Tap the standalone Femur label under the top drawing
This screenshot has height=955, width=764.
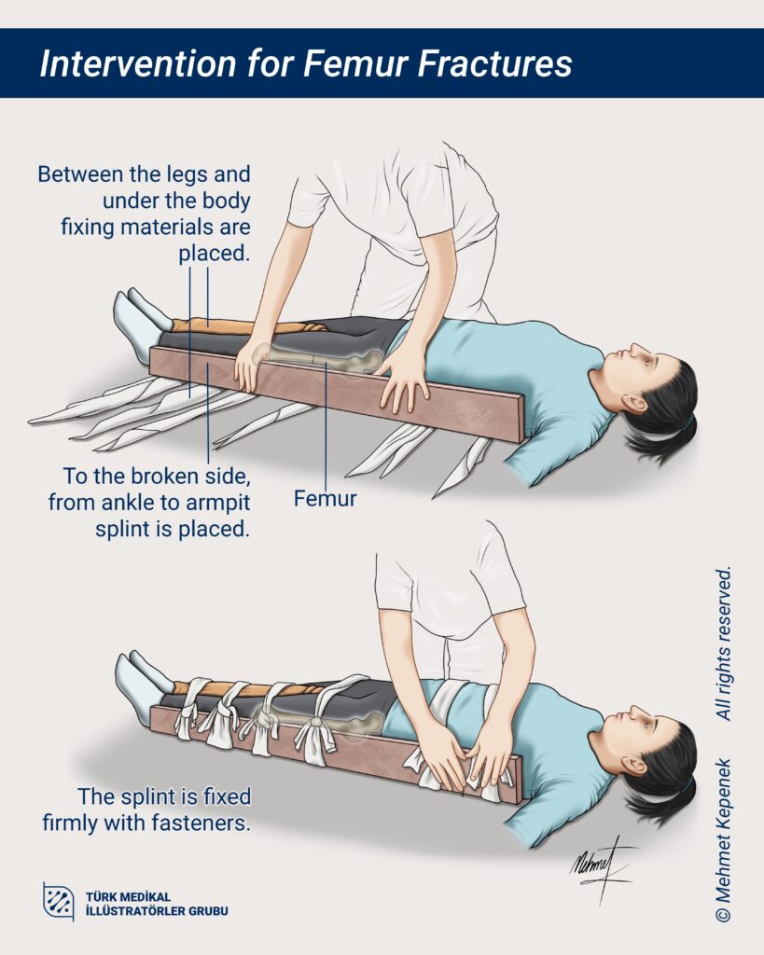pyautogui.click(x=325, y=498)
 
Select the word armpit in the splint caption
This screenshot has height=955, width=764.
pyautogui.click(x=220, y=503)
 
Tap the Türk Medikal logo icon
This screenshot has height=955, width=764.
pyautogui.click(x=59, y=901)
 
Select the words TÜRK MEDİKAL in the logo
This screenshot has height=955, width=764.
pyautogui.click(x=128, y=896)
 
